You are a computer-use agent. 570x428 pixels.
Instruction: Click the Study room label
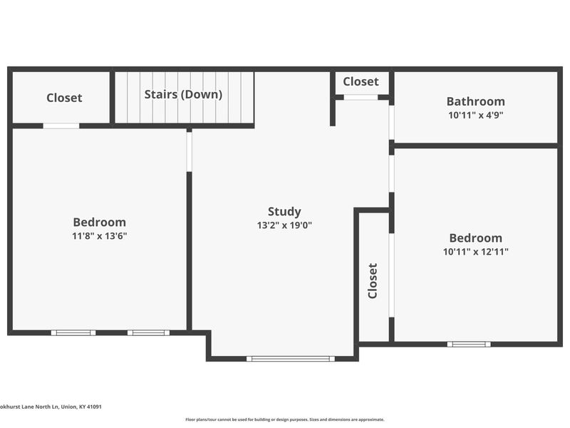click(x=284, y=212)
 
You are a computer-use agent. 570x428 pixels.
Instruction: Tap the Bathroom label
click(x=475, y=101)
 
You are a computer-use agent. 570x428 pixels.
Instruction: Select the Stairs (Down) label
click(x=183, y=94)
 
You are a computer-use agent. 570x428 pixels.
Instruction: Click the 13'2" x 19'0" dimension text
click(x=284, y=225)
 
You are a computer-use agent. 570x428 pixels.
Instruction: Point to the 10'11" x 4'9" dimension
click(x=475, y=115)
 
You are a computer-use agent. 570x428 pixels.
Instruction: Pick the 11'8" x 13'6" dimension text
click(x=99, y=236)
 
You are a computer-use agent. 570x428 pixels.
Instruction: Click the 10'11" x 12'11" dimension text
click(x=475, y=252)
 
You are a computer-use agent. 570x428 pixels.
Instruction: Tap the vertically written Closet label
click(x=373, y=281)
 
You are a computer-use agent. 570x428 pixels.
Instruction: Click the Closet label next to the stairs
click(x=64, y=98)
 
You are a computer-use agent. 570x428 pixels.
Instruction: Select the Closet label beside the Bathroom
click(x=361, y=81)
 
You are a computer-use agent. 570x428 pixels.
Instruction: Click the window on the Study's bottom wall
click(x=291, y=359)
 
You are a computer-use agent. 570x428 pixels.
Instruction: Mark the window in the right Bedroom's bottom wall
click(x=469, y=344)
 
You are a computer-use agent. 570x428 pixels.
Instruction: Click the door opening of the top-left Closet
click(x=61, y=126)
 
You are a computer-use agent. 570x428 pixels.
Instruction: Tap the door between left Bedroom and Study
click(x=189, y=152)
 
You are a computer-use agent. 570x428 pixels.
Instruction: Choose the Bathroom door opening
click(x=391, y=123)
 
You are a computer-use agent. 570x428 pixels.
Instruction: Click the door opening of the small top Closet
click(x=361, y=97)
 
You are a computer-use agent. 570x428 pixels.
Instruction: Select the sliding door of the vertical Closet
click(x=391, y=275)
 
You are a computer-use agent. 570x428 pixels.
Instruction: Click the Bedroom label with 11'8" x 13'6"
click(x=99, y=222)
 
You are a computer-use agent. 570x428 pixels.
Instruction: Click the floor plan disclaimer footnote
click(x=284, y=419)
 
